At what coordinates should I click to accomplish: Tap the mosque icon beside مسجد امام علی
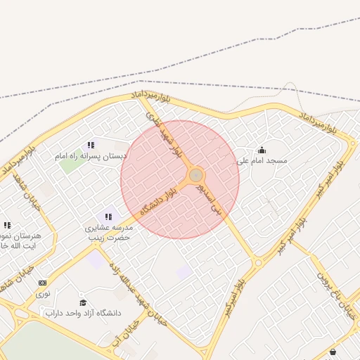[262, 150]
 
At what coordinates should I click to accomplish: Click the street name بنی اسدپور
[210, 200]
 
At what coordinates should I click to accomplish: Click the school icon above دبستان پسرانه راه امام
[90, 145]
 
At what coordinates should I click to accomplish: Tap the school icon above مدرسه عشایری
[108, 217]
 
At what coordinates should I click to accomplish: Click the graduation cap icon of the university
[82, 302]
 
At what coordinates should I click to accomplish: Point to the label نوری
[43, 294]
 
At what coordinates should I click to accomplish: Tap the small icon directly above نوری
[43, 283]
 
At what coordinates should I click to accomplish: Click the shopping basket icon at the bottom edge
[332, 352]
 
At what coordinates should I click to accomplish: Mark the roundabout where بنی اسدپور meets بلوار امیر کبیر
[258, 262]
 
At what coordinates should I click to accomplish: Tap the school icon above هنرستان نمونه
[7, 225]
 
